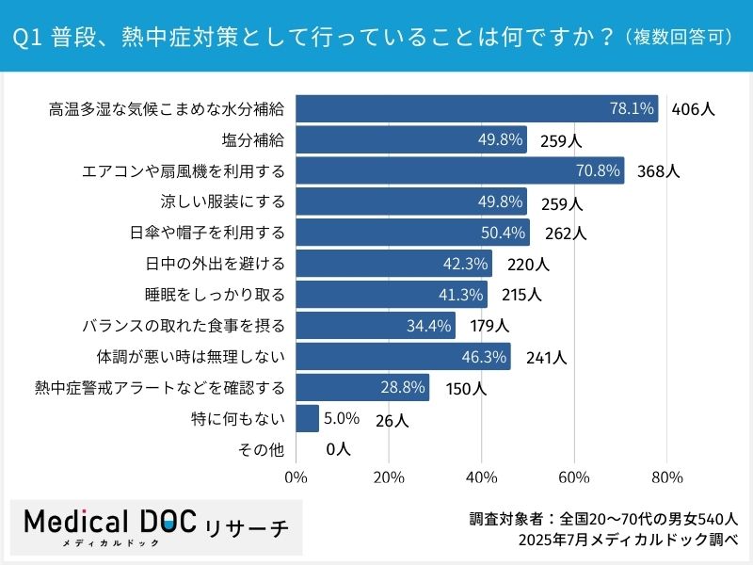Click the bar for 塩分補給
(x=411, y=140)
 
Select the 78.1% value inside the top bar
(x=632, y=109)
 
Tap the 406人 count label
(x=694, y=109)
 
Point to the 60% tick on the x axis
(x=574, y=477)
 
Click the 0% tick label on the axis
(x=296, y=477)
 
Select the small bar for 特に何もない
(x=308, y=419)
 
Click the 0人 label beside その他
(x=338, y=450)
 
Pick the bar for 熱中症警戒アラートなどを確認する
(x=362, y=388)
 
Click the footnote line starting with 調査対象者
(x=603, y=519)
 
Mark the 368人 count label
(x=658, y=171)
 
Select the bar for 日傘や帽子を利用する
(x=413, y=233)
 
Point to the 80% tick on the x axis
(x=666, y=477)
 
